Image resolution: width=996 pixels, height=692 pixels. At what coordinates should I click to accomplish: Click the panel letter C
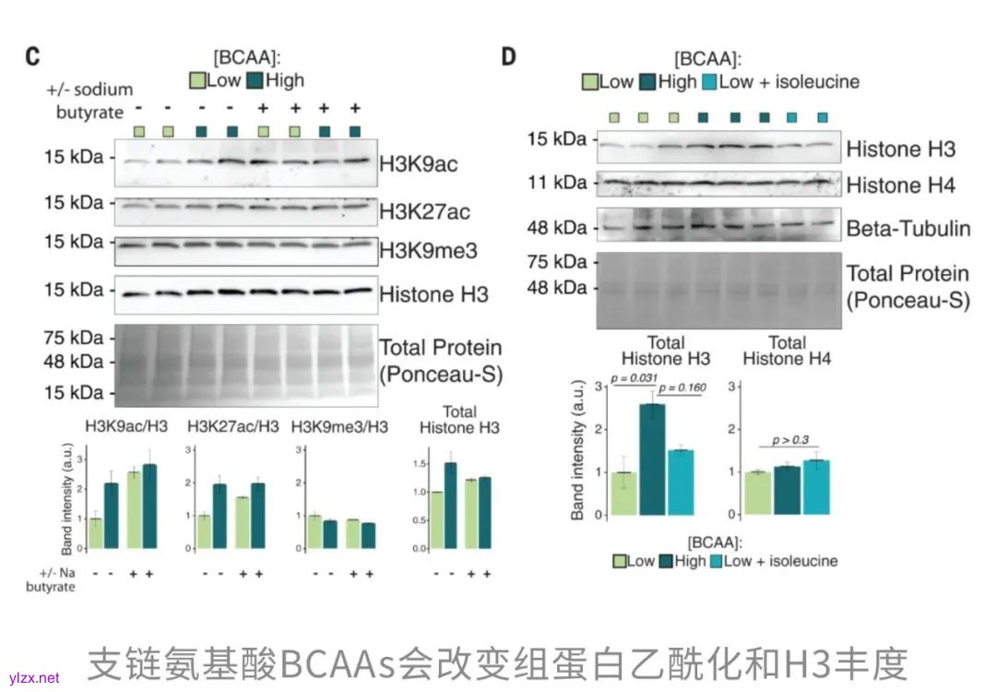click(32, 56)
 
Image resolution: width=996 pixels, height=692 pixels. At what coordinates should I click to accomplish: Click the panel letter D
click(508, 56)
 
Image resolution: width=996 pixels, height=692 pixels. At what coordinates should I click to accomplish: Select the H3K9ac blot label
click(419, 164)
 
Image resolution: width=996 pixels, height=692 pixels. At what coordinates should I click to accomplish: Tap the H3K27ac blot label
click(424, 212)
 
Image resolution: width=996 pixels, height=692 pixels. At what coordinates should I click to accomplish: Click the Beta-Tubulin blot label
click(908, 227)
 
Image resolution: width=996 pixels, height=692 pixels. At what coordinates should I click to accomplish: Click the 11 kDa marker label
click(557, 182)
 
